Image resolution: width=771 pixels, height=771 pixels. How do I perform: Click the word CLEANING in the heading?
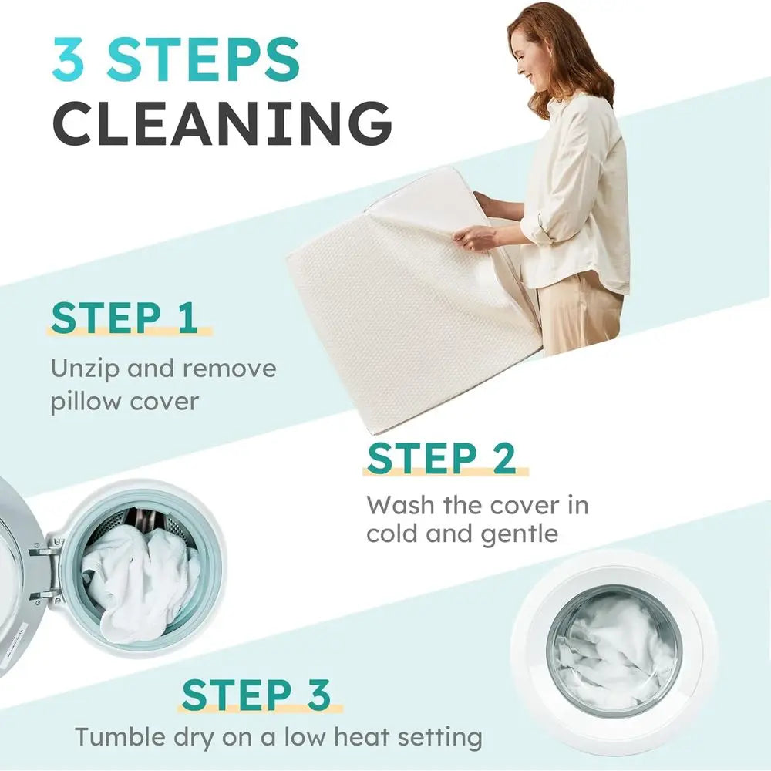pos(222,123)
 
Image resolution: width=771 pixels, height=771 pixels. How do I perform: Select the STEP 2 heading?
pos(442,458)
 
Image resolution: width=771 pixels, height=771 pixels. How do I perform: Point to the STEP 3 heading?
pos(256,695)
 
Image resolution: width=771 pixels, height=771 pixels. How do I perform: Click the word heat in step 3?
pos(361,736)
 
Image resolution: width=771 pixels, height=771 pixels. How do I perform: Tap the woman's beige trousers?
pos(581,315)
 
